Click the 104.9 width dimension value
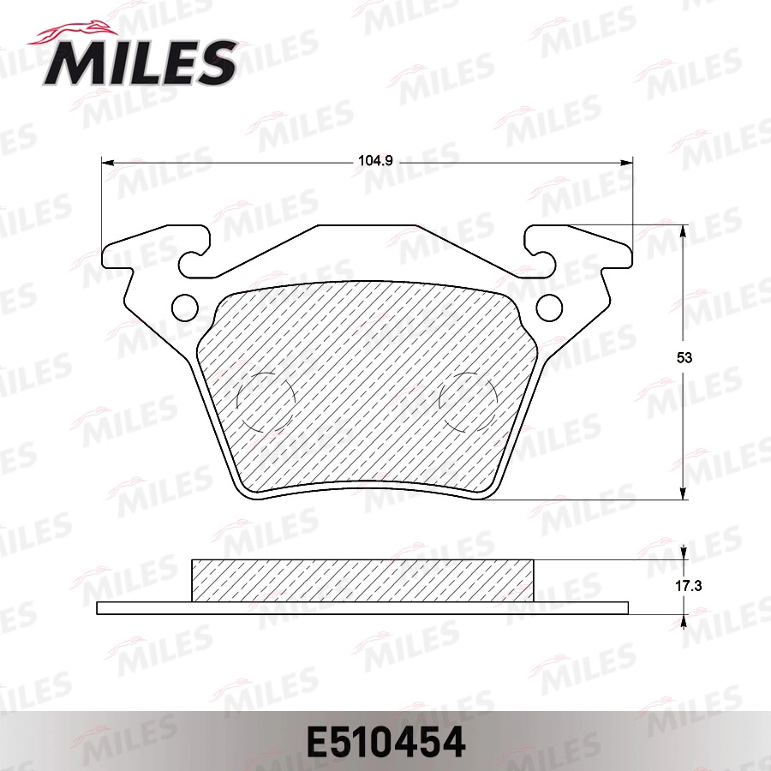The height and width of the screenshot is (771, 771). click(x=368, y=160)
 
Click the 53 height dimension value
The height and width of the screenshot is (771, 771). click(x=683, y=359)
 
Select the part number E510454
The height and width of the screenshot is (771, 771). click(x=385, y=742)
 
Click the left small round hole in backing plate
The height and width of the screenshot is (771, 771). click(x=183, y=306)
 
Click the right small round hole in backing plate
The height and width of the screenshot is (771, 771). click(x=548, y=306)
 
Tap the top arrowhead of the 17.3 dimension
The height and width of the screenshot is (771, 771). click(x=684, y=553)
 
